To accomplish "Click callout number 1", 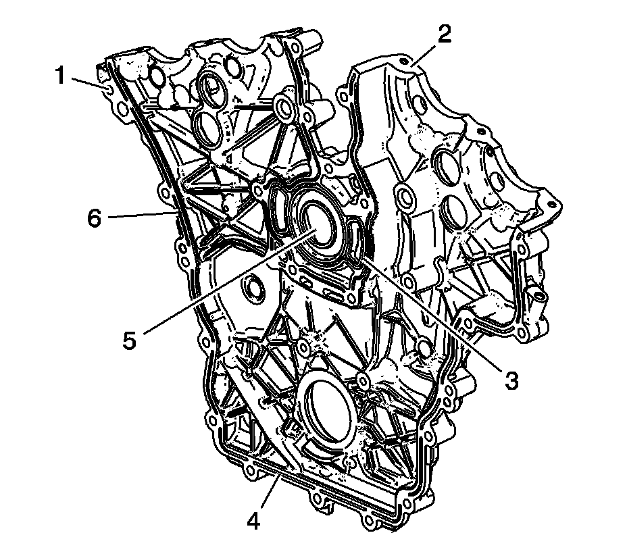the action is click(x=61, y=76).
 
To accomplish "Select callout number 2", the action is click(x=445, y=34).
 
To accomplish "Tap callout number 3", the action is click(x=511, y=380).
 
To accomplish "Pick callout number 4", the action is click(x=253, y=521).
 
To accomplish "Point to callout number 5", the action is click(x=130, y=340).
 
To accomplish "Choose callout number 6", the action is click(x=95, y=218).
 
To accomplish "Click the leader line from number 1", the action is click(x=89, y=82).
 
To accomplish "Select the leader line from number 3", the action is click(x=432, y=310).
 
